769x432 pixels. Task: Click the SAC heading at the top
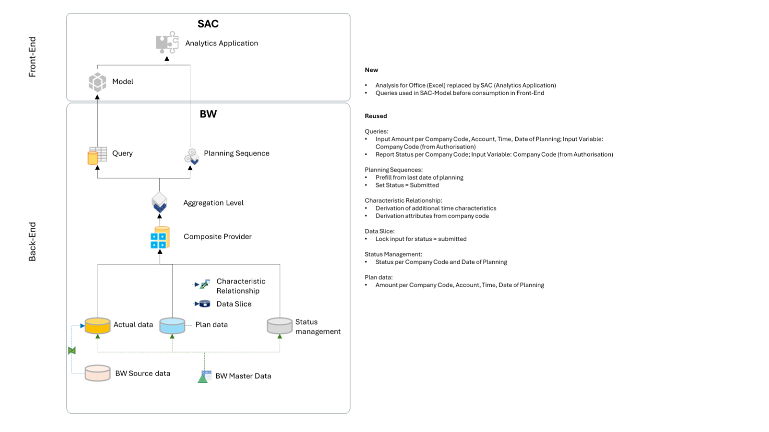pos(208,24)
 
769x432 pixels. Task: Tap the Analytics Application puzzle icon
pos(167,42)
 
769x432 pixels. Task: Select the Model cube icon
pos(98,82)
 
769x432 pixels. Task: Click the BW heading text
pos(208,114)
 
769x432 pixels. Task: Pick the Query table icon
pos(98,155)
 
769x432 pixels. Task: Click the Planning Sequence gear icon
pos(191,156)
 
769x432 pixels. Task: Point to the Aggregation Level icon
pos(160,202)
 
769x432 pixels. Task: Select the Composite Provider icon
pos(160,237)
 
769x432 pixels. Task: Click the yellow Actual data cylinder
pos(98,325)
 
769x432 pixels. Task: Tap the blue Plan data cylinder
pos(172,325)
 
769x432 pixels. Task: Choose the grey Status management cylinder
pos(279,325)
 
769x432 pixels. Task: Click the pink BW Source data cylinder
pos(98,373)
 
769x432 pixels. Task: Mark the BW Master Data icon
pos(204,376)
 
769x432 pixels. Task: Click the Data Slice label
pos(234,304)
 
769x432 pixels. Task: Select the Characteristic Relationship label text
pos(240,286)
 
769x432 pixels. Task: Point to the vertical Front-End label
pos(33,56)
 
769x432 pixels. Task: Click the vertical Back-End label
pos(33,241)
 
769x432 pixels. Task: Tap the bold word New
pos(371,70)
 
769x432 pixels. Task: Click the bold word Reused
pos(375,116)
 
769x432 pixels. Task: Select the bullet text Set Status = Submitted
pos(407,185)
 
